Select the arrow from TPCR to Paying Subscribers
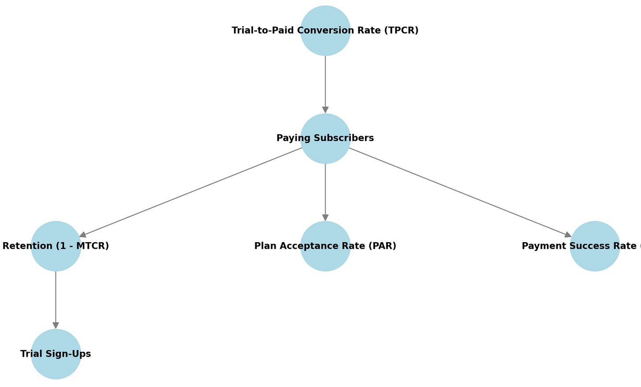click(x=325, y=84)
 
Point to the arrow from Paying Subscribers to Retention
click(x=191, y=192)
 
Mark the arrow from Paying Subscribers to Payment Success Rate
click(x=460, y=192)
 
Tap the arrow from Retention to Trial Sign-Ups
click(x=56, y=299)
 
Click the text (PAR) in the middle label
click(x=383, y=246)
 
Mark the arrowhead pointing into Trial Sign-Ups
click(x=56, y=325)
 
